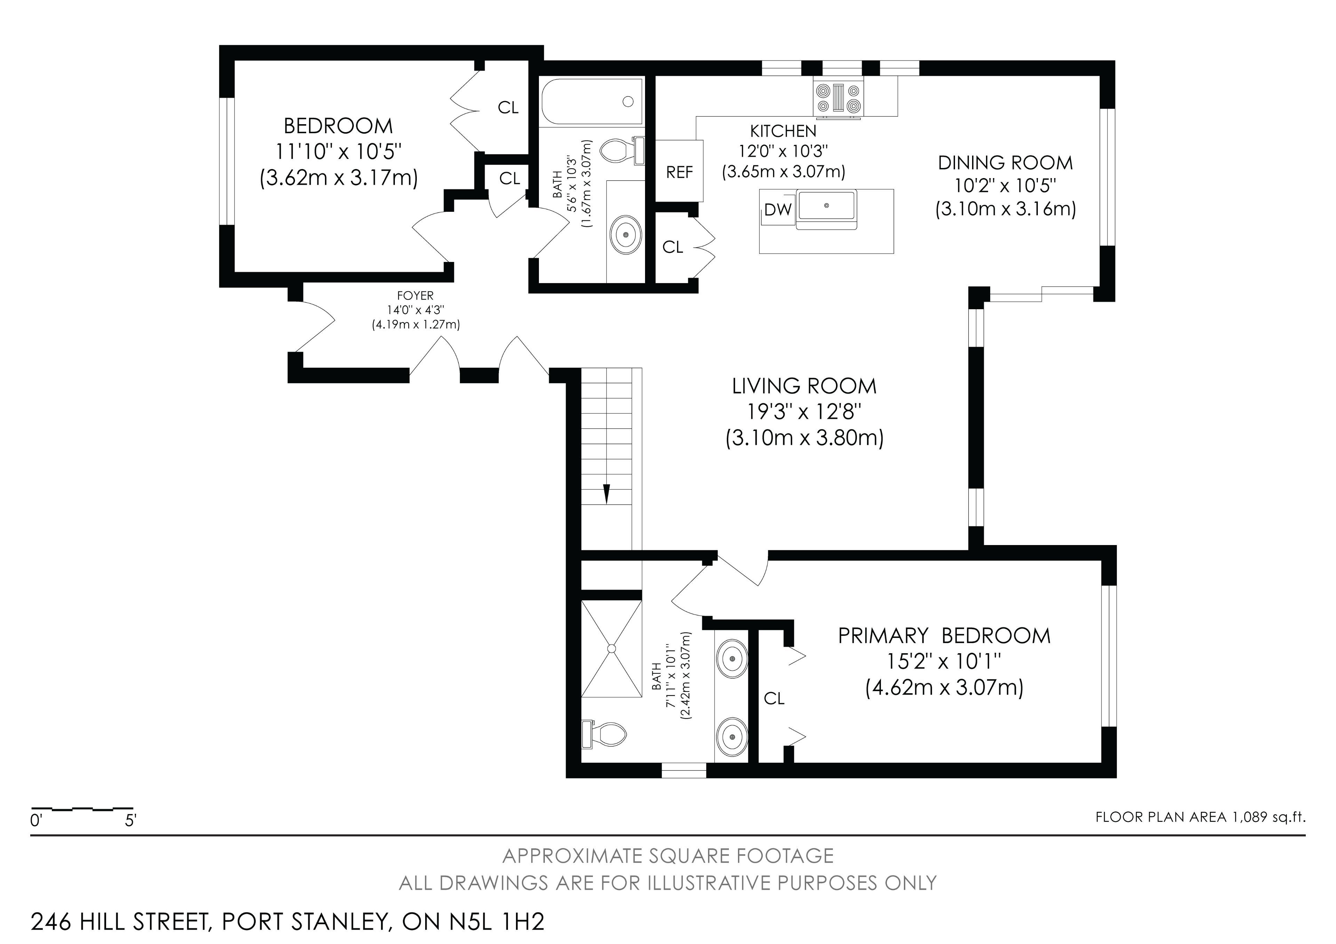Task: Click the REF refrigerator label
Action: [x=679, y=172]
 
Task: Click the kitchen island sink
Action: [x=827, y=205]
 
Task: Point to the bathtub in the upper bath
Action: [x=592, y=102]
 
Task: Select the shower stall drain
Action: [x=612, y=648]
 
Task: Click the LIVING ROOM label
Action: [x=804, y=386]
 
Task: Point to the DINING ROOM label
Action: [x=1005, y=163]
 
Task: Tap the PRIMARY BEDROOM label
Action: [x=944, y=636]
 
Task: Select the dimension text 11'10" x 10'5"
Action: [x=339, y=152]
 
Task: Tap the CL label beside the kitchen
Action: [x=673, y=247]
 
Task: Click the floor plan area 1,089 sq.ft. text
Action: [x=1200, y=817]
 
